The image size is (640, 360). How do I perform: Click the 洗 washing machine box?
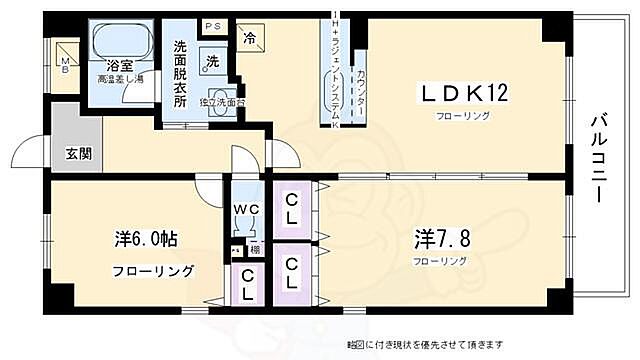(x=212, y=59)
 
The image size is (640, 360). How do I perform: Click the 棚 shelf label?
(x=255, y=250)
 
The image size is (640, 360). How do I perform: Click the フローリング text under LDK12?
(x=461, y=117)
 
